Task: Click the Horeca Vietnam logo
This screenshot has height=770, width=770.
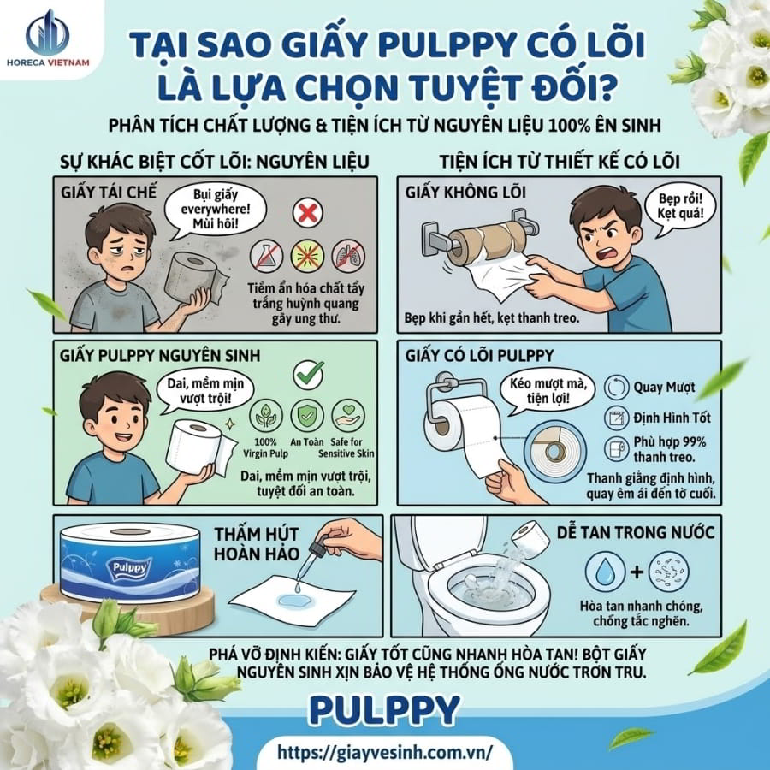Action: (48, 38)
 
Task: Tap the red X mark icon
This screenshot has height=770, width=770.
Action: (307, 213)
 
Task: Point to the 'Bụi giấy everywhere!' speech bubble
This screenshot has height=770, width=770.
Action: (215, 210)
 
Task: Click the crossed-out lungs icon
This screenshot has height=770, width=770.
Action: (347, 256)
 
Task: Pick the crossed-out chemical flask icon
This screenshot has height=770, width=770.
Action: (266, 256)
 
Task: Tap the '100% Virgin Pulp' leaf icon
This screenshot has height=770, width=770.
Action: (266, 416)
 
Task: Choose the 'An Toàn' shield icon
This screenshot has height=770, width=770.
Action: (307, 416)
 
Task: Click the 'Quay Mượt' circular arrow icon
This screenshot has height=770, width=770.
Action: (616, 387)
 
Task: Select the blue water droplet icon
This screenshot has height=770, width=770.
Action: (605, 572)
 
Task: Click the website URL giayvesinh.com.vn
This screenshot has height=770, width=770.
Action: (384, 751)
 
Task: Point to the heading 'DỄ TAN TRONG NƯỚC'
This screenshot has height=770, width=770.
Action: (636, 532)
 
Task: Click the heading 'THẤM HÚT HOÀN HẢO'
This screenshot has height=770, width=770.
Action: (257, 543)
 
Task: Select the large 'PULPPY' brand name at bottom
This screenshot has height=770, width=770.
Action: (384, 710)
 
